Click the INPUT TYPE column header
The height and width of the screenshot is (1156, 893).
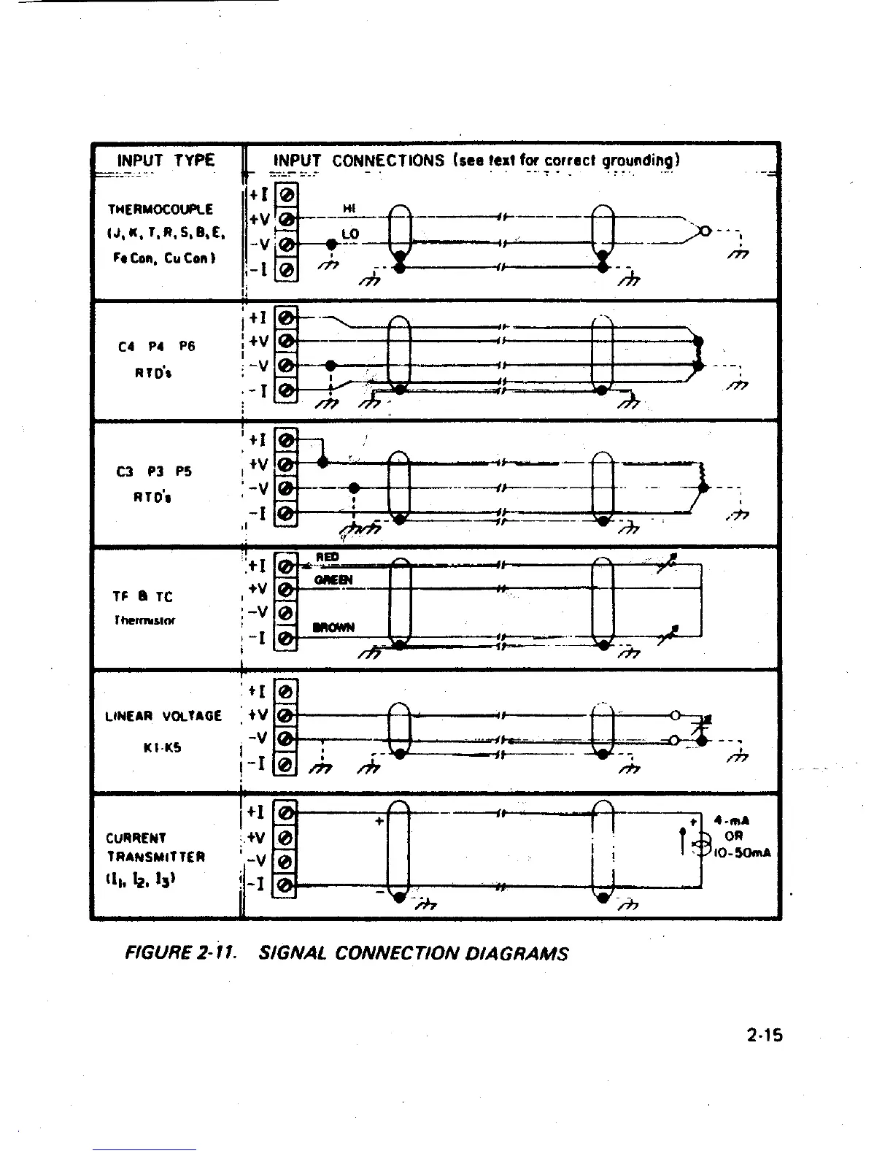pos(166,160)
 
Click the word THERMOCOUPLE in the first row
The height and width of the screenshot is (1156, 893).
pos(161,209)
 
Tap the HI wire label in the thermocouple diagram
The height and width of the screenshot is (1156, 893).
pos(349,209)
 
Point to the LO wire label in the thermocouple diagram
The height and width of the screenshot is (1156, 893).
pos(350,234)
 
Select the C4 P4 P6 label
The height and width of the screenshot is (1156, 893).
pos(156,347)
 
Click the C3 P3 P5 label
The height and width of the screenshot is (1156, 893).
pos(154,471)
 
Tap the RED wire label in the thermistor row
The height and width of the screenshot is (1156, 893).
pos(328,558)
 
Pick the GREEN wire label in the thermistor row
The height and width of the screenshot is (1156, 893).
pos(333,580)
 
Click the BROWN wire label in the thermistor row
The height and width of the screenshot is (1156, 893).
pos(333,627)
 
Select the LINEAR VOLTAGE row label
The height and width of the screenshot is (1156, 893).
pos(163,716)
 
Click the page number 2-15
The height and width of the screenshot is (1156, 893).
pos(764,1034)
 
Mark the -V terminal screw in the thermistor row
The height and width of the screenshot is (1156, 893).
pos(286,612)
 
